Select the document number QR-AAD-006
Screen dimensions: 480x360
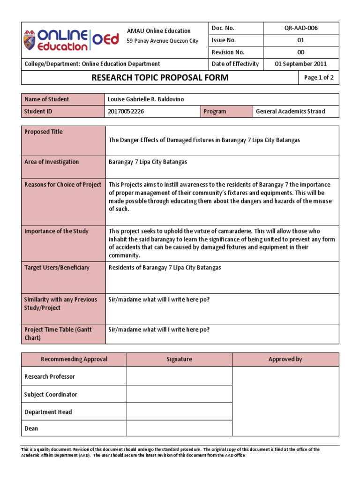tap(300, 28)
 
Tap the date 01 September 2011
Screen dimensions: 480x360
tap(300, 64)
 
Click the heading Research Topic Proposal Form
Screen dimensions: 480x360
tap(160, 77)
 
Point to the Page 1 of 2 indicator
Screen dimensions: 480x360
tap(319, 78)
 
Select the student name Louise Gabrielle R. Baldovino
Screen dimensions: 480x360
tap(150, 99)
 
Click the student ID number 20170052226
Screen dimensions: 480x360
tap(127, 112)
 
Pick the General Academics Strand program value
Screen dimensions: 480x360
tap(290, 112)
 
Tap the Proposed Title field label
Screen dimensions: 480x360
tap(43, 132)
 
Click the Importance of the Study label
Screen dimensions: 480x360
tap(56, 231)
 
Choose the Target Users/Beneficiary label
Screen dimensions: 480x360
tap(57, 268)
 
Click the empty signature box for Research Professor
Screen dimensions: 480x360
tap(179, 376)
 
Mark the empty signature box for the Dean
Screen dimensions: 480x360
tap(179, 428)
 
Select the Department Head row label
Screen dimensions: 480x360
tap(48, 412)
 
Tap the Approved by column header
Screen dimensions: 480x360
tap(285, 360)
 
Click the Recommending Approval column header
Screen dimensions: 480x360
tap(74, 360)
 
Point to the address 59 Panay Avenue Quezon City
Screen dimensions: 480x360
tap(163, 41)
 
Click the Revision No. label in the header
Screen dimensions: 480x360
tap(228, 52)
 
